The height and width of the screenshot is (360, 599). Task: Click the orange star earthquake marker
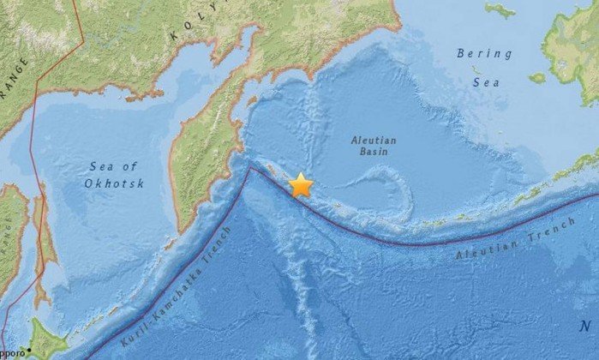pyautogui.click(x=301, y=184)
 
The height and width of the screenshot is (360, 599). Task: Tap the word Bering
pyautogui.click(x=484, y=53)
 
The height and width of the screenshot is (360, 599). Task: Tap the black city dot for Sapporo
pyautogui.click(x=28, y=350)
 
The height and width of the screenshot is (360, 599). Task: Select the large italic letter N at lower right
pyautogui.click(x=584, y=326)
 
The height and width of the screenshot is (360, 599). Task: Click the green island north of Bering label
pyautogui.click(x=500, y=9)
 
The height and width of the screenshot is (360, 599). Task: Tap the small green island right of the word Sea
pyautogui.click(x=537, y=78)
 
